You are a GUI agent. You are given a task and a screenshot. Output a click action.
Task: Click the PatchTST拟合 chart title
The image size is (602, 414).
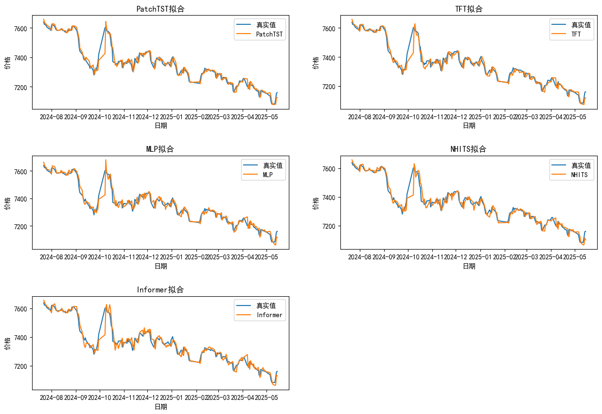(x=160, y=9)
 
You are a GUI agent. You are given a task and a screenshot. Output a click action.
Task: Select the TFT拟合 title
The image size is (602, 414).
(x=469, y=9)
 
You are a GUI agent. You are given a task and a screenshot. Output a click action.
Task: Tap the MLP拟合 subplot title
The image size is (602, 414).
(x=160, y=149)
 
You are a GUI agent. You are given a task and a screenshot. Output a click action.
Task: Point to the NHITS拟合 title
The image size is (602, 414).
(x=469, y=149)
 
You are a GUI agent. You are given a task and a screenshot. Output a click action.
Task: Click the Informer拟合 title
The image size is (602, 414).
(x=160, y=290)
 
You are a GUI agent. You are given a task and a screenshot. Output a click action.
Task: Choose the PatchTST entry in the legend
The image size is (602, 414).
(x=269, y=35)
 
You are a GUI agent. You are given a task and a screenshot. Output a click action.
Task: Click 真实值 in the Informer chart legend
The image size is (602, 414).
(x=266, y=306)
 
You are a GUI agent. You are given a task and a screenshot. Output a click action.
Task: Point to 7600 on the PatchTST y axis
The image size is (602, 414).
(x=21, y=28)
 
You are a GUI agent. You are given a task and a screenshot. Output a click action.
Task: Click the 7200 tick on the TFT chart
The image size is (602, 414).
(x=329, y=87)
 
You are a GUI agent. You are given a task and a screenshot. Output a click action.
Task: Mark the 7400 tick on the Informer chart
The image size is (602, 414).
(x=21, y=338)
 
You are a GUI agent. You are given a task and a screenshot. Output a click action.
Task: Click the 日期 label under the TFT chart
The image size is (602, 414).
(x=469, y=126)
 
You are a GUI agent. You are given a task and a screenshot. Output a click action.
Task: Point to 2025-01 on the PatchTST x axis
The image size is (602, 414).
(x=172, y=117)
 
